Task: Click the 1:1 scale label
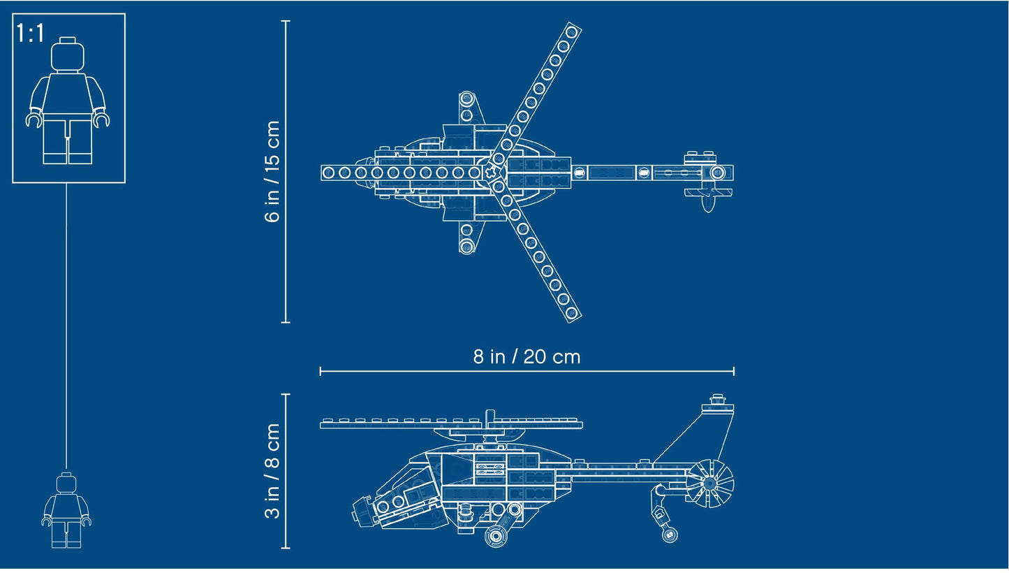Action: click(30, 33)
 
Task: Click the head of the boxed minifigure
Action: click(68, 55)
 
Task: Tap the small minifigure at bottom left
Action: click(66, 510)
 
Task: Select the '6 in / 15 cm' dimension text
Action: click(272, 171)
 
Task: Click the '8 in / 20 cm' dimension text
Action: click(526, 356)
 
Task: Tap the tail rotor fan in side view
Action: click(709, 483)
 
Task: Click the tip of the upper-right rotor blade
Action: click(572, 31)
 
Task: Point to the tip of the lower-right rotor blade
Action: click(572, 313)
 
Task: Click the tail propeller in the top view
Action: click(708, 199)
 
